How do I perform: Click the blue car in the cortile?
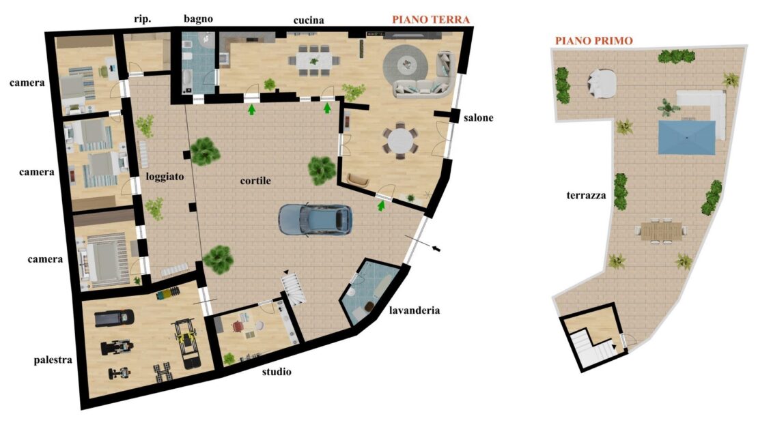pos(315,220)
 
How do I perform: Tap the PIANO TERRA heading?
pos(431,20)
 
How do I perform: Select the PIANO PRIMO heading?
pos(593,40)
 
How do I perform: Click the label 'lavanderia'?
pos(415,310)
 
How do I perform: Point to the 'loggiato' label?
pos(165,177)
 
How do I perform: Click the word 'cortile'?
pos(255,181)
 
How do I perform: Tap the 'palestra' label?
pos(53,360)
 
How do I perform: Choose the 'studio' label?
pos(277,371)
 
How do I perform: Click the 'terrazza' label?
pos(586,196)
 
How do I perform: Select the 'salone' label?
pos(478,118)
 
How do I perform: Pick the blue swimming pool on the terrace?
pos(686,138)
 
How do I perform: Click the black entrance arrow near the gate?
pos(436,249)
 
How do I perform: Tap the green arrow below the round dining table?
pos(382,206)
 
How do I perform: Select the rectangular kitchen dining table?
pos(314,60)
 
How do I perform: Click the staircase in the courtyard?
pos(294,288)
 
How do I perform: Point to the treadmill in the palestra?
pos(114,319)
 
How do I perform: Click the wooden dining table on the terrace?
pos(661,231)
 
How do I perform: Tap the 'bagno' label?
pos(198,19)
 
